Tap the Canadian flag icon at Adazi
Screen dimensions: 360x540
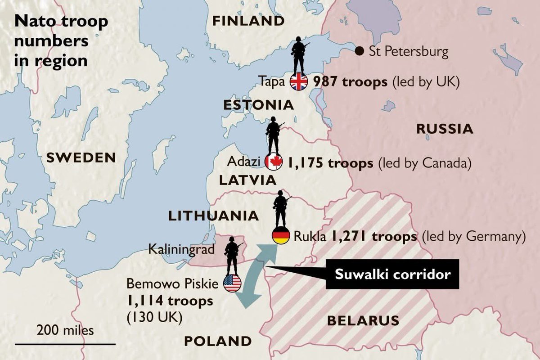(x=274, y=162)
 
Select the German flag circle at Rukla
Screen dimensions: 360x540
(x=281, y=236)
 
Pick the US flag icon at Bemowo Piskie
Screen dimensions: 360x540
(x=232, y=283)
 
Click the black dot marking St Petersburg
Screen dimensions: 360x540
(x=359, y=51)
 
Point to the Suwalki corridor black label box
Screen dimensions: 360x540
(x=393, y=274)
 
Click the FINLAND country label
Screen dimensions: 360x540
(x=248, y=21)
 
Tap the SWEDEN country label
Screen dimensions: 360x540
(x=81, y=157)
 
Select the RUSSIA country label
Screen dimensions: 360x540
(x=445, y=129)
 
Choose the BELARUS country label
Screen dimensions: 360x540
(x=363, y=320)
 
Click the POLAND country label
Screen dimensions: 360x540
(x=217, y=341)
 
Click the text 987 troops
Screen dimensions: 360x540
(x=351, y=82)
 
